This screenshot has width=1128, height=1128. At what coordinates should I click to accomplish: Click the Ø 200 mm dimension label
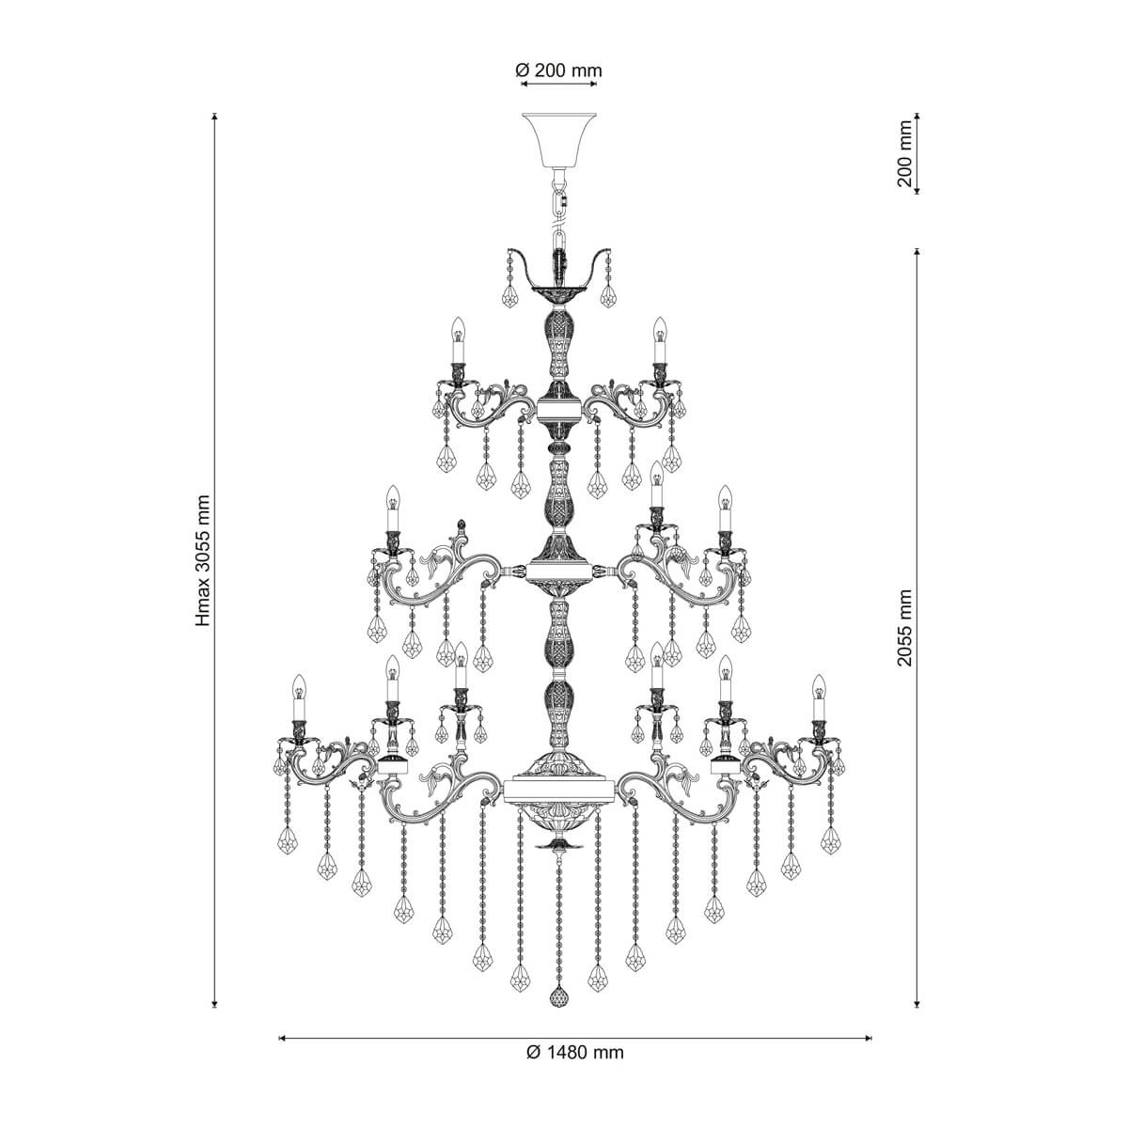(x=558, y=70)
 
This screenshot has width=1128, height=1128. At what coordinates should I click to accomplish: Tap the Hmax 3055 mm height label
(x=203, y=561)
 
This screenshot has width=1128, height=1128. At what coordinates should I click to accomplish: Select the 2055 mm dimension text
(x=905, y=628)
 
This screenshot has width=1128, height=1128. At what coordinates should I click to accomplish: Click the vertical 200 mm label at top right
(x=905, y=153)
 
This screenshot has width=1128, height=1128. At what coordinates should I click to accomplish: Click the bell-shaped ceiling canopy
(x=559, y=140)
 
